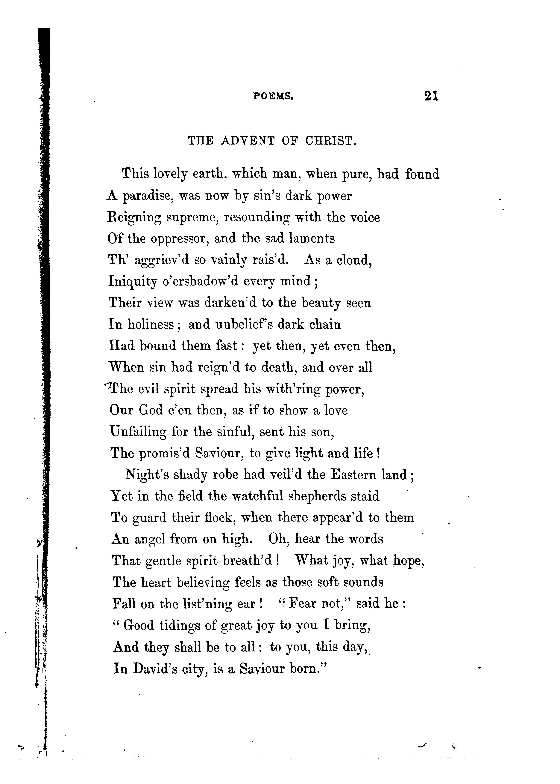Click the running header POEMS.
pos(274,97)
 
